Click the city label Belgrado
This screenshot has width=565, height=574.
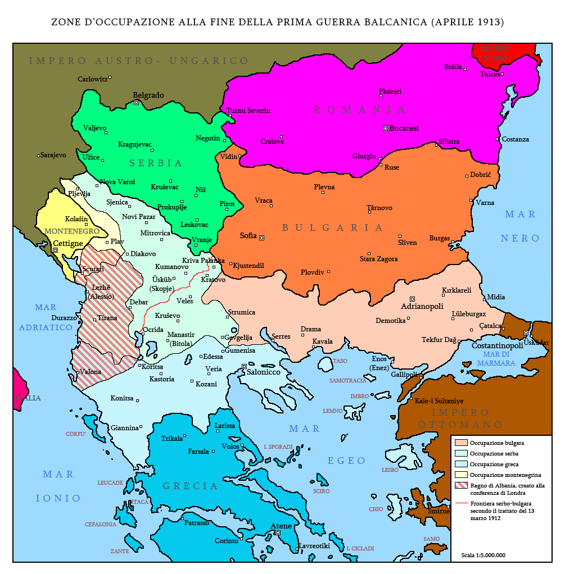point(148,95)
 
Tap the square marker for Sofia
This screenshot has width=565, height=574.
point(261,237)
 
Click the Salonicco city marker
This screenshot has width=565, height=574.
point(244,366)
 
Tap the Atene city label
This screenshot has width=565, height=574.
point(281,526)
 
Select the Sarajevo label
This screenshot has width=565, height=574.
point(53,155)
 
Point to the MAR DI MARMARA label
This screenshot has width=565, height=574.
point(497,359)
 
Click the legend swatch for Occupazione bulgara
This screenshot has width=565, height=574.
point(461,443)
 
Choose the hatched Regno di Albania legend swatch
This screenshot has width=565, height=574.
point(461,485)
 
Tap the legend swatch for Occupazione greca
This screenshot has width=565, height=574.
point(461,464)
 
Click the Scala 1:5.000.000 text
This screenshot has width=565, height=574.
point(483,555)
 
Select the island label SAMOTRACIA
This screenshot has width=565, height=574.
point(347,380)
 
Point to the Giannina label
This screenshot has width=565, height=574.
point(124,427)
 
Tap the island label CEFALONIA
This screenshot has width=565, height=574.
point(101,524)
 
